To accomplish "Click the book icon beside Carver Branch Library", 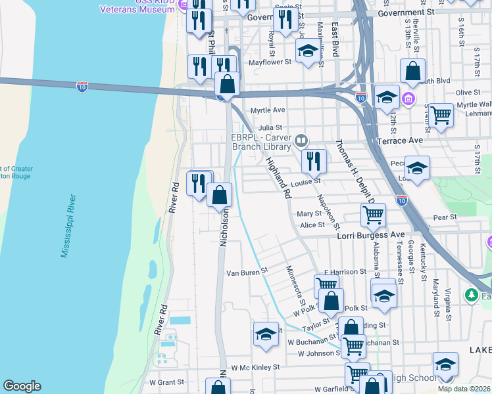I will point(301,140).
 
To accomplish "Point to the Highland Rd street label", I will point(278,177).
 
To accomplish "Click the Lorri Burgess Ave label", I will point(371,234).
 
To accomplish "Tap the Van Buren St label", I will point(247,271).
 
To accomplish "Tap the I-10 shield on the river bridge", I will point(82,85).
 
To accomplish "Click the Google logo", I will point(22,386).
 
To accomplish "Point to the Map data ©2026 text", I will point(464,389).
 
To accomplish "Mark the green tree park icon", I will point(471,295).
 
